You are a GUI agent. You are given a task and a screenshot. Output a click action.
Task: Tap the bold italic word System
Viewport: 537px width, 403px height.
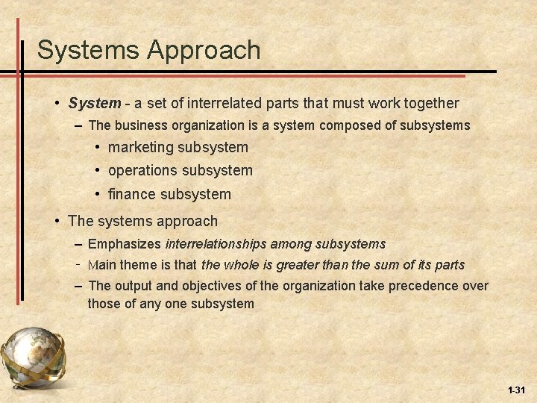coord(94,103)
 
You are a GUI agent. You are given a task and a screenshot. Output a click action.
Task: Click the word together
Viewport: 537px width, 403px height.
coord(425,103)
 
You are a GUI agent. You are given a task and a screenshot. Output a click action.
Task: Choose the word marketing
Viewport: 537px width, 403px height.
coord(140,148)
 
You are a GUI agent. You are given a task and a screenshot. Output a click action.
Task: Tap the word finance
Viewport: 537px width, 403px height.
coord(132,194)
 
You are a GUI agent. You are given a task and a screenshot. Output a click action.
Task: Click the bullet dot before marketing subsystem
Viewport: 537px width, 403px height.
coord(98,148)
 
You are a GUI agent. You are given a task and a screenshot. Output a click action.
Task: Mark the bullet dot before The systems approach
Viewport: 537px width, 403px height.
coord(57,221)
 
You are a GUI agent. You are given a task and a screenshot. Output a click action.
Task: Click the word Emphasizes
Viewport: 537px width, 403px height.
coord(124,244)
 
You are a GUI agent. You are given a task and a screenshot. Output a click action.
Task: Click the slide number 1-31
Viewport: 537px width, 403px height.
coord(515,390)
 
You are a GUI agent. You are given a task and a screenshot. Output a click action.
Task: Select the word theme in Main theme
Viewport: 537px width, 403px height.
coord(137,265)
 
